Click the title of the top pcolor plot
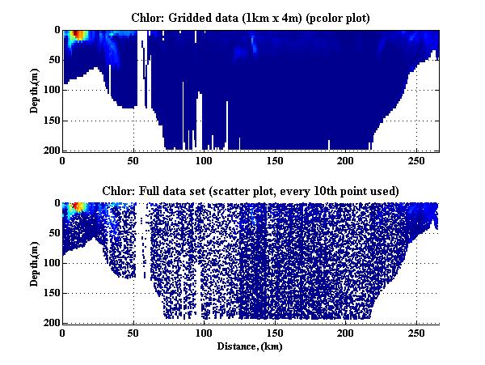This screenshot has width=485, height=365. [251, 17]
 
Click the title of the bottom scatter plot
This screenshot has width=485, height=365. [251, 190]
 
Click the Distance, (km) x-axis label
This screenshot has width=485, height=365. [251, 346]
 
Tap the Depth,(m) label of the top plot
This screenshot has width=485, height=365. [36, 90]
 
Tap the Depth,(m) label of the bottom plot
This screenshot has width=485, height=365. [36, 262]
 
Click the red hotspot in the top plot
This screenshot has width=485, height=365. [77, 36]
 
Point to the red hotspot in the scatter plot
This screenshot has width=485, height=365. [78, 206]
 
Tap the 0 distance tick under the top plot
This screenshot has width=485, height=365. [63, 160]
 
